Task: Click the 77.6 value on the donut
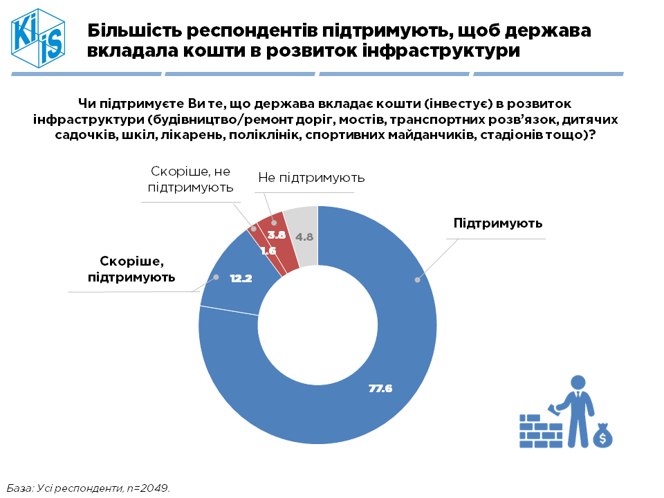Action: point(380,389)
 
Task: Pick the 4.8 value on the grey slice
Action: point(305,237)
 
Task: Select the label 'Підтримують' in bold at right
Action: point(498,223)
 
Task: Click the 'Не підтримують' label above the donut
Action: point(311,178)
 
